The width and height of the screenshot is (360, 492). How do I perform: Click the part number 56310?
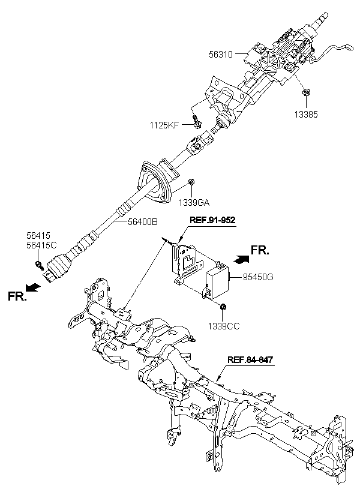[x=221, y=55]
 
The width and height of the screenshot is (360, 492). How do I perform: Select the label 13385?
[x=306, y=115]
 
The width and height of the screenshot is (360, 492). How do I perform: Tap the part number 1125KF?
[x=164, y=126]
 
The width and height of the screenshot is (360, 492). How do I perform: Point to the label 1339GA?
[x=194, y=203]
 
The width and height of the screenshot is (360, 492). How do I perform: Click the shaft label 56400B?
[x=142, y=222]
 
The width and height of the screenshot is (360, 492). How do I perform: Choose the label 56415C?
[x=41, y=245]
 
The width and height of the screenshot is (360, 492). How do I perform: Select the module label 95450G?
[x=257, y=277]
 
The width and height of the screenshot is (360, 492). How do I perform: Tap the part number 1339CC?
[x=223, y=326]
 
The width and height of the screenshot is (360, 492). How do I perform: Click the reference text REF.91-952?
[x=212, y=220]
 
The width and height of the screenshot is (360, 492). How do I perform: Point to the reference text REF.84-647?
[x=250, y=359]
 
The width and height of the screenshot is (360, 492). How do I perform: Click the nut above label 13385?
[x=305, y=92]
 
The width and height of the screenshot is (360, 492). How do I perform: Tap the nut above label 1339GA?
[x=191, y=181]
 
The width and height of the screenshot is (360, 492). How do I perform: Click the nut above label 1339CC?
[x=223, y=307]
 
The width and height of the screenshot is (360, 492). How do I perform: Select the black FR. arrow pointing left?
[x=32, y=287]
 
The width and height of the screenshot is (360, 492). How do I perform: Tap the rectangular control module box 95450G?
[x=217, y=281]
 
